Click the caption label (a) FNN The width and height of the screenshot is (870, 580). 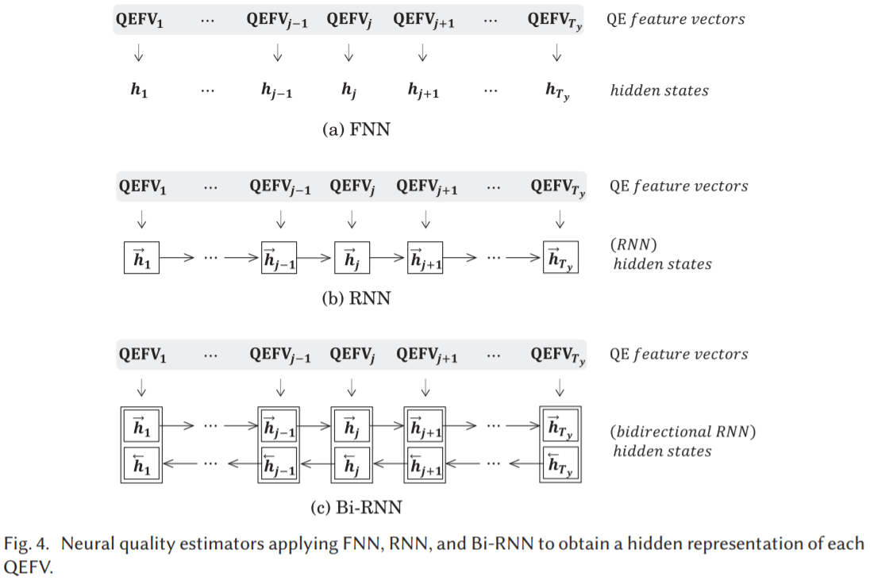coord(356,129)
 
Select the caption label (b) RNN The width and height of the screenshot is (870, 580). coord(356,299)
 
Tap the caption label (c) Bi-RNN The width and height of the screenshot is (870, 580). coord(356,505)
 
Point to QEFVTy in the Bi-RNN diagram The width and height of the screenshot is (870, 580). coord(557,355)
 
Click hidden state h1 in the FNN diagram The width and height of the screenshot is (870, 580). coord(139,90)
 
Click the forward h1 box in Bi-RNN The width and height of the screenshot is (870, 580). coord(142,427)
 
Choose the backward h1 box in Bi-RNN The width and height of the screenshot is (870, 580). coord(142,463)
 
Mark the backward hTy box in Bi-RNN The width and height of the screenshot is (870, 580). coord(560,463)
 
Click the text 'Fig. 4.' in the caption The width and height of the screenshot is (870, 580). coord(28,544)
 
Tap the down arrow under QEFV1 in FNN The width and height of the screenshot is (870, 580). coord(139,54)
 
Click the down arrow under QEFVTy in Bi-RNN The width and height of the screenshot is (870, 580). coord(560,388)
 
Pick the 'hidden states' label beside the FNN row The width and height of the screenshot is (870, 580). coord(659,90)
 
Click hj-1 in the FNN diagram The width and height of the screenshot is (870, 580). coord(277,90)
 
